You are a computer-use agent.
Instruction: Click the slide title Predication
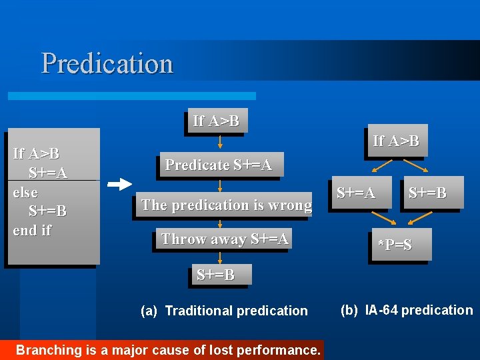click(107, 64)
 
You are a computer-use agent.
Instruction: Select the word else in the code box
click(25, 193)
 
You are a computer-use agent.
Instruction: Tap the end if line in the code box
click(32, 231)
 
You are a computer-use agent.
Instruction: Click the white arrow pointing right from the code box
click(120, 183)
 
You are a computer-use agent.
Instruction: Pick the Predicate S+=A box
click(219, 165)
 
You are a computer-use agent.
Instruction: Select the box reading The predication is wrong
click(226, 205)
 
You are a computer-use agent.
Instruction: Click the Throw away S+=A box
click(225, 239)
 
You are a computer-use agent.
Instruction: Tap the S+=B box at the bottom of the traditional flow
click(215, 275)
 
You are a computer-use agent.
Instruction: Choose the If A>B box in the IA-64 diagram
click(396, 141)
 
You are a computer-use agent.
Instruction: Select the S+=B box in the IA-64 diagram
click(427, 193)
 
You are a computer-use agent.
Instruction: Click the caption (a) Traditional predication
click(225, 311)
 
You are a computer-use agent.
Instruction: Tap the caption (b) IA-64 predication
click(406, 310)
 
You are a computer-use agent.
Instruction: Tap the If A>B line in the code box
click(36, 154)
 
